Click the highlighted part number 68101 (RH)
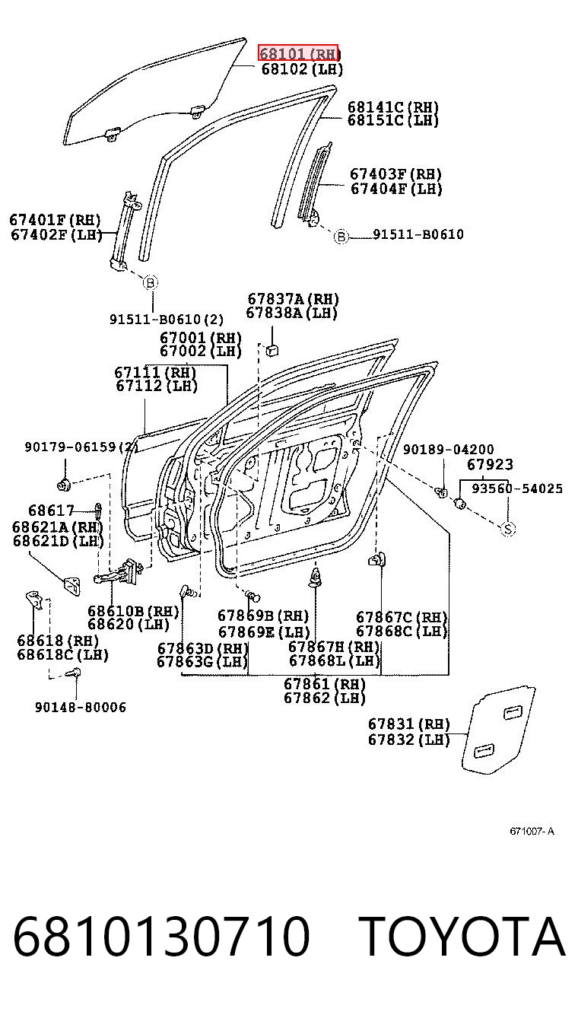click(x=298, y=53)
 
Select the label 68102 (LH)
click(x=302, y=69)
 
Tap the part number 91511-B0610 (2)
click(x=167, y=320)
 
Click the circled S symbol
click(x=508, y=529)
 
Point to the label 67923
click(x=490, y=464)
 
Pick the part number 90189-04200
click(x=449, y=450)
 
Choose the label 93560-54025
click(x=517, y=488)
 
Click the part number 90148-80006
click(x=81, y=708)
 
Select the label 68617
click(x=51, y=511)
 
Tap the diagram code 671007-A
click(x=532, y=831)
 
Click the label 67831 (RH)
click(x=408, y=724)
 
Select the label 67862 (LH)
click(x=324, y=698)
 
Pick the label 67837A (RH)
click(x=293, y=299)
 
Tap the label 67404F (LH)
click(x=396, y=189)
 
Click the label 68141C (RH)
click(x=393, y=107)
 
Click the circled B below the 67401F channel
click(x=151, y=283)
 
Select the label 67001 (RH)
click(x=201, y=338)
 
